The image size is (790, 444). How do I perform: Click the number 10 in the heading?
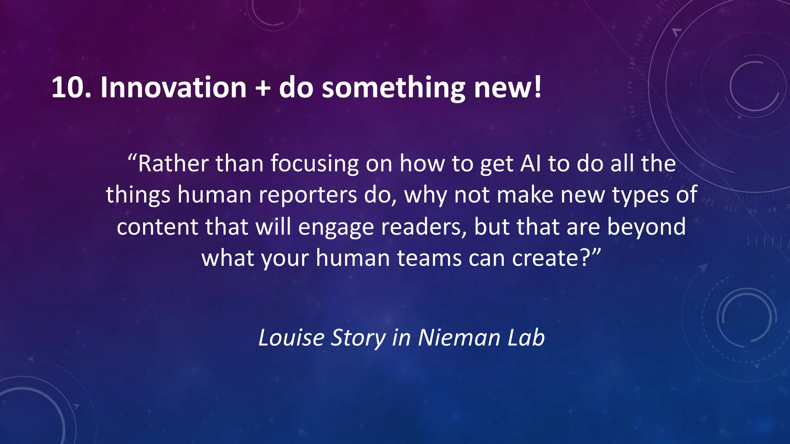click(x=68, y=87)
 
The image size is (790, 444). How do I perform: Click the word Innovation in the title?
click(x=173, y=87)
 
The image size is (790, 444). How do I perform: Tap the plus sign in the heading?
click(x=262, y=88)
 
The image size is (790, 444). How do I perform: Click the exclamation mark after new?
click(x=538, y=87)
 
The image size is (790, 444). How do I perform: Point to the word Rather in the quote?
click(x=173, y=163)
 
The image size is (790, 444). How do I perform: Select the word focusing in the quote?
click(x=314, y=164)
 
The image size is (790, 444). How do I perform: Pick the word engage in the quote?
click(x=336, y=227)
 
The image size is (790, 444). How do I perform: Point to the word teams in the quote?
click(x=429, y=258)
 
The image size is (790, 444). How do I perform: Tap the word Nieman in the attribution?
click(x=459, y=338)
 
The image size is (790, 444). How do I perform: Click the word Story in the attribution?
click(x=358, y=338)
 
